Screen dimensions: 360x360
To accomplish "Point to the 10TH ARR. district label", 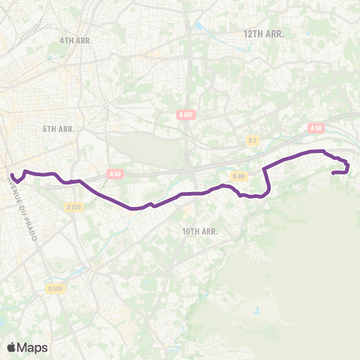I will click(199, 232).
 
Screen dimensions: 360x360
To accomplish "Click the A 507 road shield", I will click(186, 114).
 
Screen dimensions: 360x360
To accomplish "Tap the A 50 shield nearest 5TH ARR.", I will click(115, 174).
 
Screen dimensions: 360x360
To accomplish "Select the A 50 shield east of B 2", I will click(315, 128).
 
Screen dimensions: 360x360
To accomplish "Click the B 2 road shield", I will click(253, 139).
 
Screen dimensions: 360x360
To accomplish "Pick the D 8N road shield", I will click(239, 176).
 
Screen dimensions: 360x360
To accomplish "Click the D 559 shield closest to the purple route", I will click(73, 206).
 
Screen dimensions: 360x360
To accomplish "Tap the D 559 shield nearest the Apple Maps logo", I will click(54, 288).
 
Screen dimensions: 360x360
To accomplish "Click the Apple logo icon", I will click(11, 347).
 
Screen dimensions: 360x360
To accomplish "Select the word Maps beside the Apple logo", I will click(33, 347).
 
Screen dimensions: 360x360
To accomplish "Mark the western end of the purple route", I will click(12, 176).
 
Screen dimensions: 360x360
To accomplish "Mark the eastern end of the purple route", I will click(333, 172).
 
